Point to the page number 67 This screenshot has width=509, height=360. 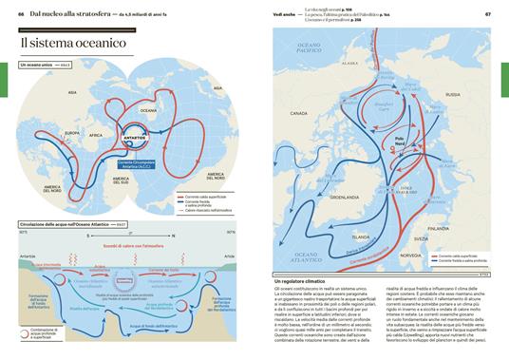[487, 14]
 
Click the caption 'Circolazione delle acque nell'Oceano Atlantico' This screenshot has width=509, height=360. [65, 224]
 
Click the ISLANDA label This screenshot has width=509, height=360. [360, 237]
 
